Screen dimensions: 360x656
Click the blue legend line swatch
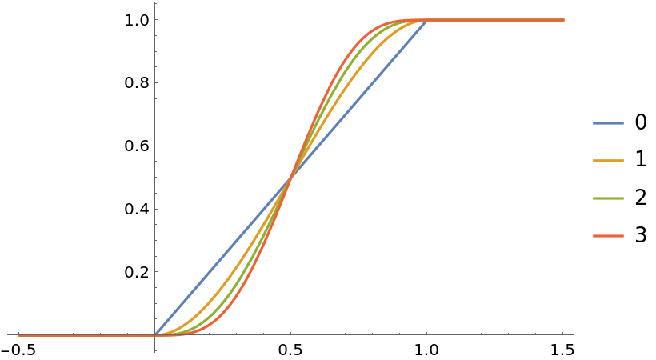click(608, 123)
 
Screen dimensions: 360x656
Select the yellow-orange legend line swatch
click(608, 161)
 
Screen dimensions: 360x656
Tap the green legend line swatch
click(608, 198)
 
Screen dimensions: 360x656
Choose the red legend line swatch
click(608, 236)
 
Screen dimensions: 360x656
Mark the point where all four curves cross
click(290, 177)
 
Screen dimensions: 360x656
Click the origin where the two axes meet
click(155, 334)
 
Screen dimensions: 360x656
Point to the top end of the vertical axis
click(155, 3)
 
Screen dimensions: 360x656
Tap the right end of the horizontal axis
click(573, 334)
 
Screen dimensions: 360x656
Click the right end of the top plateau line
click(564, 20)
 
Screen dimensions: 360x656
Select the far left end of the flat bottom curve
click(18, 334)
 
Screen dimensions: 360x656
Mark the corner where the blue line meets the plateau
click(426, 20)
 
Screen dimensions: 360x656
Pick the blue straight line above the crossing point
click(360, 97)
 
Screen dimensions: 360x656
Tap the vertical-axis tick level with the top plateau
click(156, 20)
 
